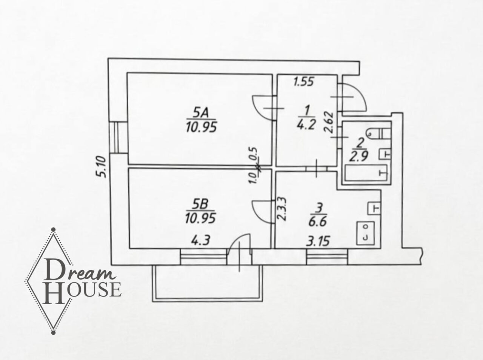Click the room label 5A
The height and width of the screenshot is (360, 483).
[x=200, y=113]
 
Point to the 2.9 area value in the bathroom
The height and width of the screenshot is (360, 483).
[x=359, y=157]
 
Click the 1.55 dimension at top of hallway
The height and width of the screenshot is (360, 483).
[x=304, y=82]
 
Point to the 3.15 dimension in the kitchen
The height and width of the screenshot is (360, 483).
[x=318, y=241]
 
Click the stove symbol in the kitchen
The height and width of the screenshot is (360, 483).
[x=365, y=233]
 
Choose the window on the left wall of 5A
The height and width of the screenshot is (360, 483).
[x=118, y=137]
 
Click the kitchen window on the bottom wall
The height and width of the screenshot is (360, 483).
[x=327, y=257]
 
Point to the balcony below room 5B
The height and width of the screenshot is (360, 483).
[x=208, y=283]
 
